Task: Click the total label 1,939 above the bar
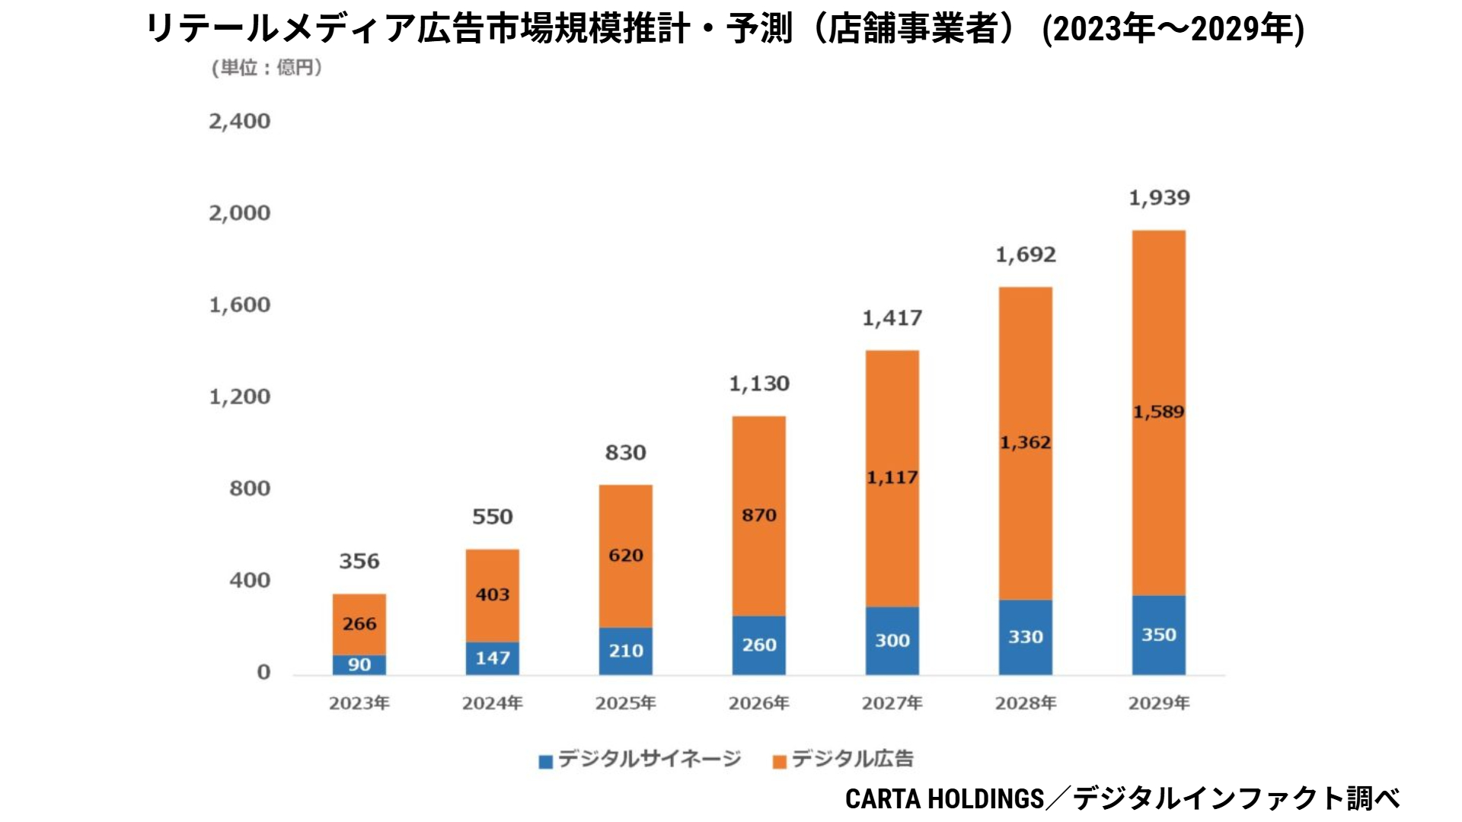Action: click(x=1158, y=198)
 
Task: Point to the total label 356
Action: click(x=359, y=562)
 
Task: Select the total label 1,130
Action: click(x=758, y=384)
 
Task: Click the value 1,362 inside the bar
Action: click(x=1025, y=442)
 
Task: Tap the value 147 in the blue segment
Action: click(x=492, y=658)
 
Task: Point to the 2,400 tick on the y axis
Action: click(x=239, y=121)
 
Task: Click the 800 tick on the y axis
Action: click(x=249, y=488)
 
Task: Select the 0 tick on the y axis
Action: click(x=263, y=672)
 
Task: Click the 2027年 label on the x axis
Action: click(x=892, y=703)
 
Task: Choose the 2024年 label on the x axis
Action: click(x=492, y=703)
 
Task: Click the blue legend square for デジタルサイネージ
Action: click(x=545, y=761)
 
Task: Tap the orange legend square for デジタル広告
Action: click(x=779, y=761)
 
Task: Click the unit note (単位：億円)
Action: click(x=267, y=68)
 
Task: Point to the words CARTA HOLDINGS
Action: click(x=944, y=798)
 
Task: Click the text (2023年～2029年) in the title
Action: click(x=1173, y=29)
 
